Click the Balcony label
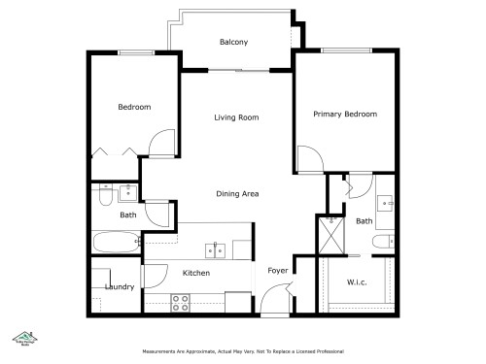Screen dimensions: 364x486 point(233,42)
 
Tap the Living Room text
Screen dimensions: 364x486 point(236,117)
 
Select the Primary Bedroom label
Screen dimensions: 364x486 point(344,114)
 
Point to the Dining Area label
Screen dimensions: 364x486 point(236,194)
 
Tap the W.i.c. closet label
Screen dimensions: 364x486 point(356,282)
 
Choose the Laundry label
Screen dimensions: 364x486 point(119,286)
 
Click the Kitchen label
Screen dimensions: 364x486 point(196,274)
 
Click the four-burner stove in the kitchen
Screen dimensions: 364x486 point(180,302)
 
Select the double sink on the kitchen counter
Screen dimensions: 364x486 point(216,250)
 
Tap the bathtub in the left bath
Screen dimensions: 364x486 point(117,241)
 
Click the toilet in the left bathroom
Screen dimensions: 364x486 point(104,197)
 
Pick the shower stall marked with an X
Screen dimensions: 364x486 point(331,234)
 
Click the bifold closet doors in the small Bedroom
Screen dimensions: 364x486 point(116,151)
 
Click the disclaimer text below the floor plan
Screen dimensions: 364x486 point(242,350)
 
